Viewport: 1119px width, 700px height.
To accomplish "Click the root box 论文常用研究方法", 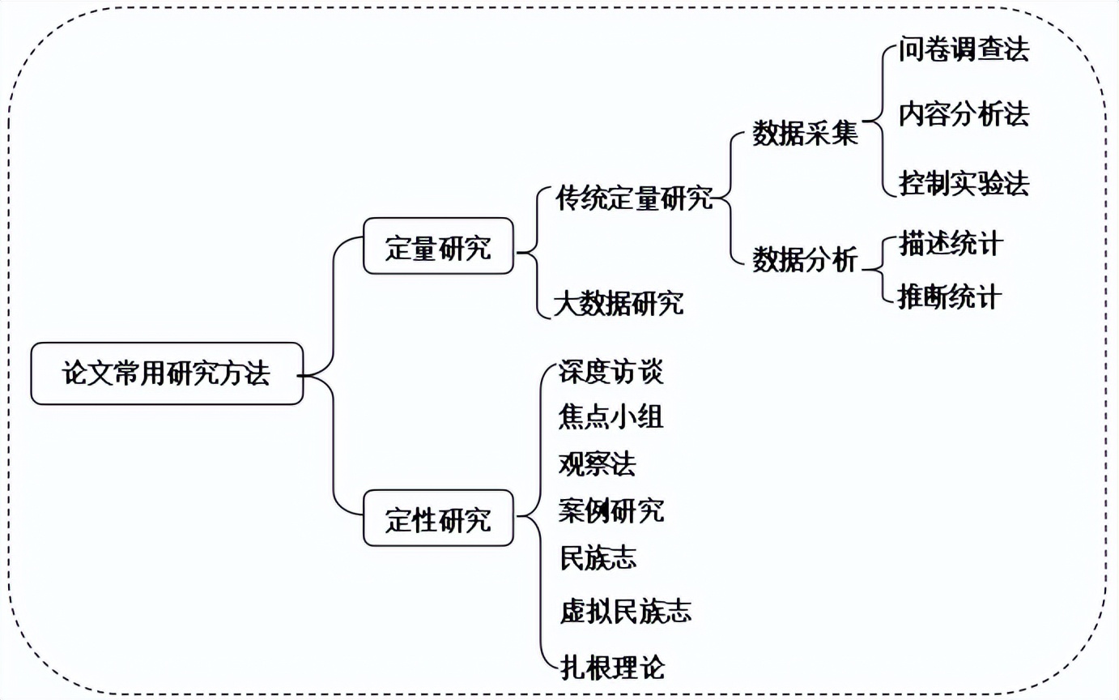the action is pyautogui.click(x=167, y=373).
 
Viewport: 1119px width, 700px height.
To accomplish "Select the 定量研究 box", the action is pyautogui.click(x=438, y=246).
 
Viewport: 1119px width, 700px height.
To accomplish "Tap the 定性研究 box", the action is pyautogui.click(x=438, y=518).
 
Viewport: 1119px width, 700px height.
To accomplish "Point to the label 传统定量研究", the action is pyautogui.click(x=635, y=198).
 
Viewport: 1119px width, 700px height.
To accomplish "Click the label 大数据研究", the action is pyautogui.click(x=619, y=303).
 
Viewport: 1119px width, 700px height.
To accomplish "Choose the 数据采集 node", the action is pyautogui.click(x=806, y=133).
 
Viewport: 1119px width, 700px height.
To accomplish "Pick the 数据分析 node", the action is pyautogui.click(x=806, y=259).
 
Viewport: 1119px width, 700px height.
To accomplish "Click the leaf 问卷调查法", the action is pyautogui.click(x=964, y=49).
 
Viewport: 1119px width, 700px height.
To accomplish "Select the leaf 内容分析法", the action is pyautogui.click(x=964, y=114).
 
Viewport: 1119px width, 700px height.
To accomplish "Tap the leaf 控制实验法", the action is pyautogui.click(x=964, y=183).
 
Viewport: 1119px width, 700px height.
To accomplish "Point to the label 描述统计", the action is pyautogui.click(x=951, y=244).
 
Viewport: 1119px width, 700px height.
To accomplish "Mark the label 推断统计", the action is pyautogui.click(x=950, y=297).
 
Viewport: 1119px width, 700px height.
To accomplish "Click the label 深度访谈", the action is pyautogui.click(x=611, y=372).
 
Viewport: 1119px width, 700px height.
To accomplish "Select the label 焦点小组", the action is pyautogui.click(x=611, y=416).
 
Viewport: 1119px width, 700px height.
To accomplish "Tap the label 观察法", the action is pyautogui.click(x=598, y=464).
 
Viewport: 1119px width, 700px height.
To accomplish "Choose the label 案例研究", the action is pyautogui.click(x=611, y=510).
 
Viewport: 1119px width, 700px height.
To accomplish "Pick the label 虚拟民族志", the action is pyautogui.click(x=625, y=611).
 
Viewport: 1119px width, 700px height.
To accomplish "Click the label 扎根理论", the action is pyautogui.click(x=612, y=668).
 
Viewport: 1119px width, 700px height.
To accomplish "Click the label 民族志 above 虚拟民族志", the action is pyautogui.click(x=598, y=558).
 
